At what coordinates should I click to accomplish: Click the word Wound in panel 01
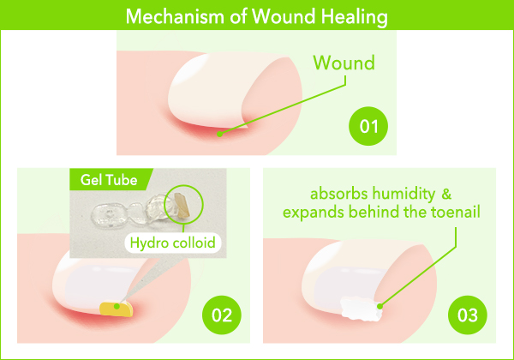(344, 63)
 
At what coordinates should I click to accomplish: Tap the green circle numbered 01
(368, 126)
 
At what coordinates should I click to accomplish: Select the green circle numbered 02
(222, 315)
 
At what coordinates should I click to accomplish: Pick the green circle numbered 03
(468, 315)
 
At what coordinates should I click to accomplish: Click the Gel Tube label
(109, 180)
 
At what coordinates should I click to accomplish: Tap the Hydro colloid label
(173, 243)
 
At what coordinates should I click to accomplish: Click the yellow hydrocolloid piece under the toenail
(117, 309)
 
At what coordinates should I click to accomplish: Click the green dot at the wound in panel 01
(220, 134)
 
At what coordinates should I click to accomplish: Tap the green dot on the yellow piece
(117, 307)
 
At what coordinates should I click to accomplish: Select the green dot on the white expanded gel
(380, 307)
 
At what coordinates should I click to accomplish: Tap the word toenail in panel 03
(456, 212)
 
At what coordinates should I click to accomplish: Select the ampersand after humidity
(446, 194)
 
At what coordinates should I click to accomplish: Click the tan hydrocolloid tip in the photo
(182, 205)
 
